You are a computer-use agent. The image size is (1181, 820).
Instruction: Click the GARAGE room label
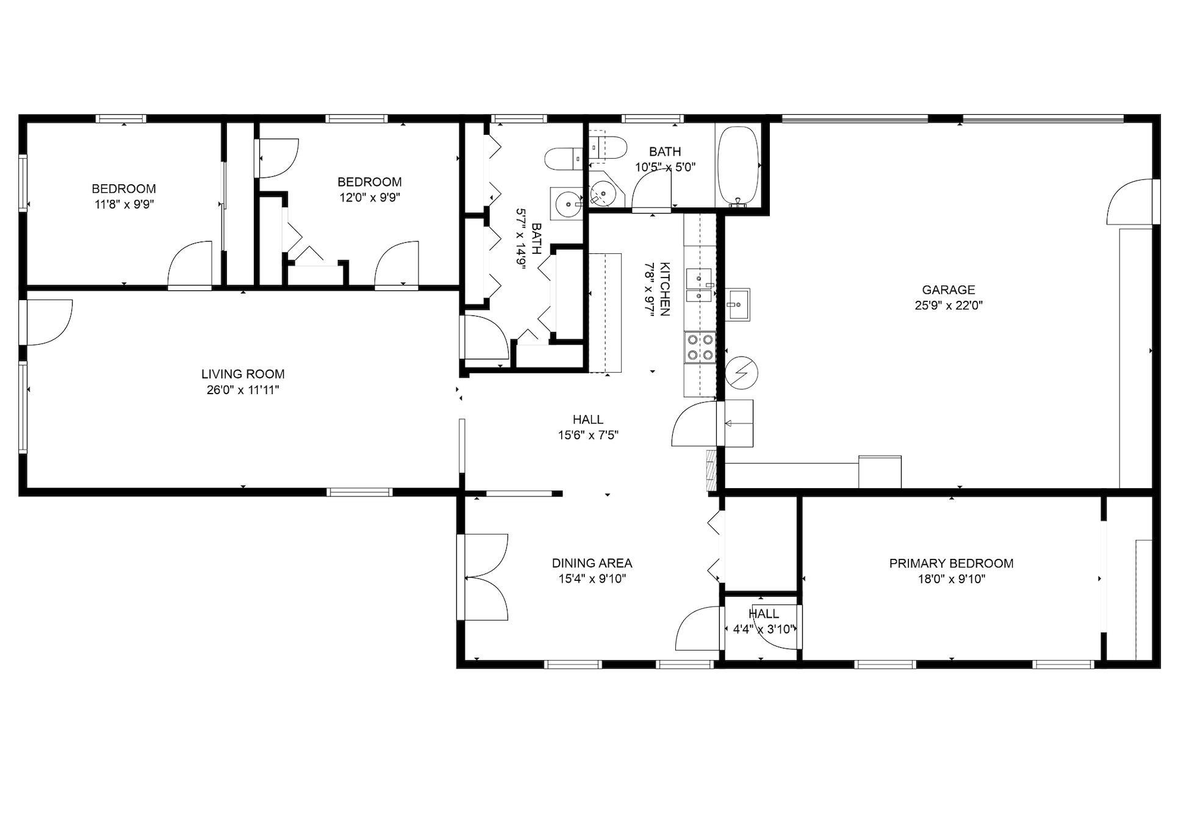948,290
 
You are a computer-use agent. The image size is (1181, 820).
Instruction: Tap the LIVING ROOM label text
243,374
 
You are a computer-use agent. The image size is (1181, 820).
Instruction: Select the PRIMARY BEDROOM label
951,563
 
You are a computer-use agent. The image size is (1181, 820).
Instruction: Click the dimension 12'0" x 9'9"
370,198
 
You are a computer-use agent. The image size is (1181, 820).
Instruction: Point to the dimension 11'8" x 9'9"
124,204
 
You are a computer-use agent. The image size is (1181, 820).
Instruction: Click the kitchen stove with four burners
700,347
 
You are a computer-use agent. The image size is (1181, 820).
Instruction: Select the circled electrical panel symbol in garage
742,372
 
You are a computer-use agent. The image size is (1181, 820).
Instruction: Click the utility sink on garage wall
738,304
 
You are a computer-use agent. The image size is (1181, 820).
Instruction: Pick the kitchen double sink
699,286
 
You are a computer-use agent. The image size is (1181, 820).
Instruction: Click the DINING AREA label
592,563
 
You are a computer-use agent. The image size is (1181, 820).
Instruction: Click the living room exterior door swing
49,322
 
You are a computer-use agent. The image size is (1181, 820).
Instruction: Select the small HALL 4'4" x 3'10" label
763,614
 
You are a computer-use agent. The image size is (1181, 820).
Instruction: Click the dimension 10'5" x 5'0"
665,167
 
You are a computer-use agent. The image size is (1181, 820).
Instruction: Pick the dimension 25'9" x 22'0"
948,306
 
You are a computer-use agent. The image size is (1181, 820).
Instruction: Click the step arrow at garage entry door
734,423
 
